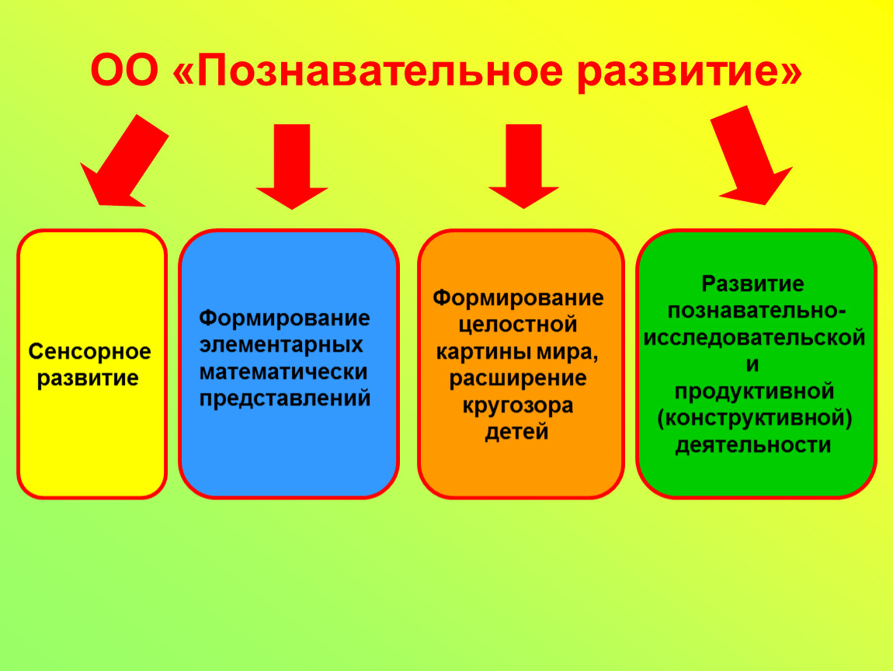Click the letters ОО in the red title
tap(124, 71)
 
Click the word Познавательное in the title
tap(380, 71)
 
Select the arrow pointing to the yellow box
tap(124, 160)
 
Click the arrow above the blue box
tap(292, 166)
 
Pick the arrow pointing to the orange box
tap(523, 166)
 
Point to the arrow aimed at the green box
tap(752, 155)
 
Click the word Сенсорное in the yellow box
tap(90, 352)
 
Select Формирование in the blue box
tap(284, 318)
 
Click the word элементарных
tap(281, 345)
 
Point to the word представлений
tap(285, 398)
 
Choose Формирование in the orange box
tap(518, 298)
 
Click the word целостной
tap(518, 325)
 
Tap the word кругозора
tap(518, 405)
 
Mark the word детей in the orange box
tap(516, 432)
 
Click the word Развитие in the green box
tap(752, 283)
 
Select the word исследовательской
tap(754, 337)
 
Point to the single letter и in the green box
tap(752, 364)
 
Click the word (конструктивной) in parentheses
tap(755, 419)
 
